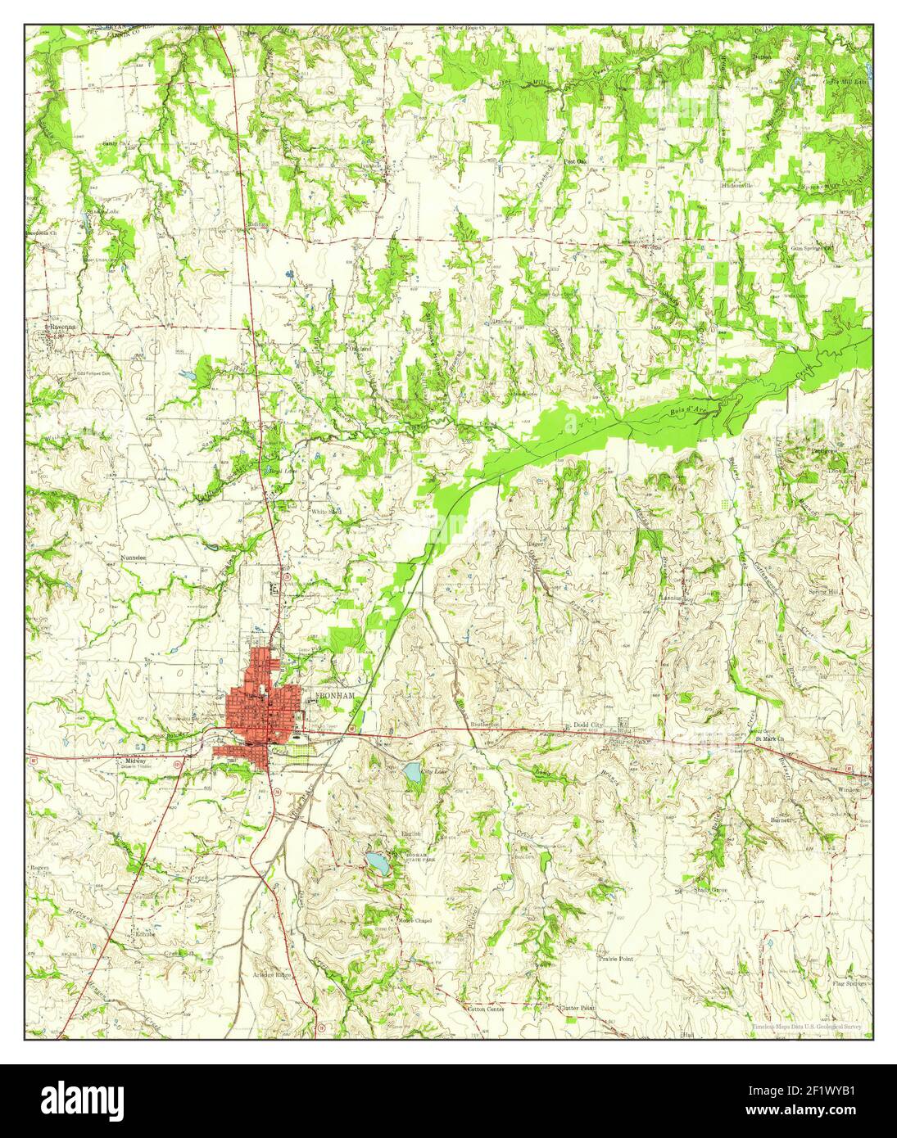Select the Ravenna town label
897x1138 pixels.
[60, 327]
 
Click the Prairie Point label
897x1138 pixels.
[615, 957]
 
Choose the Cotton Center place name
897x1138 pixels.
[486, 1009]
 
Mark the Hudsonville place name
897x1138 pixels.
[736, 185]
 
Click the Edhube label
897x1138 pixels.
[145, 933]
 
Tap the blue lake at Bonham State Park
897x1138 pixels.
[378, 862]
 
